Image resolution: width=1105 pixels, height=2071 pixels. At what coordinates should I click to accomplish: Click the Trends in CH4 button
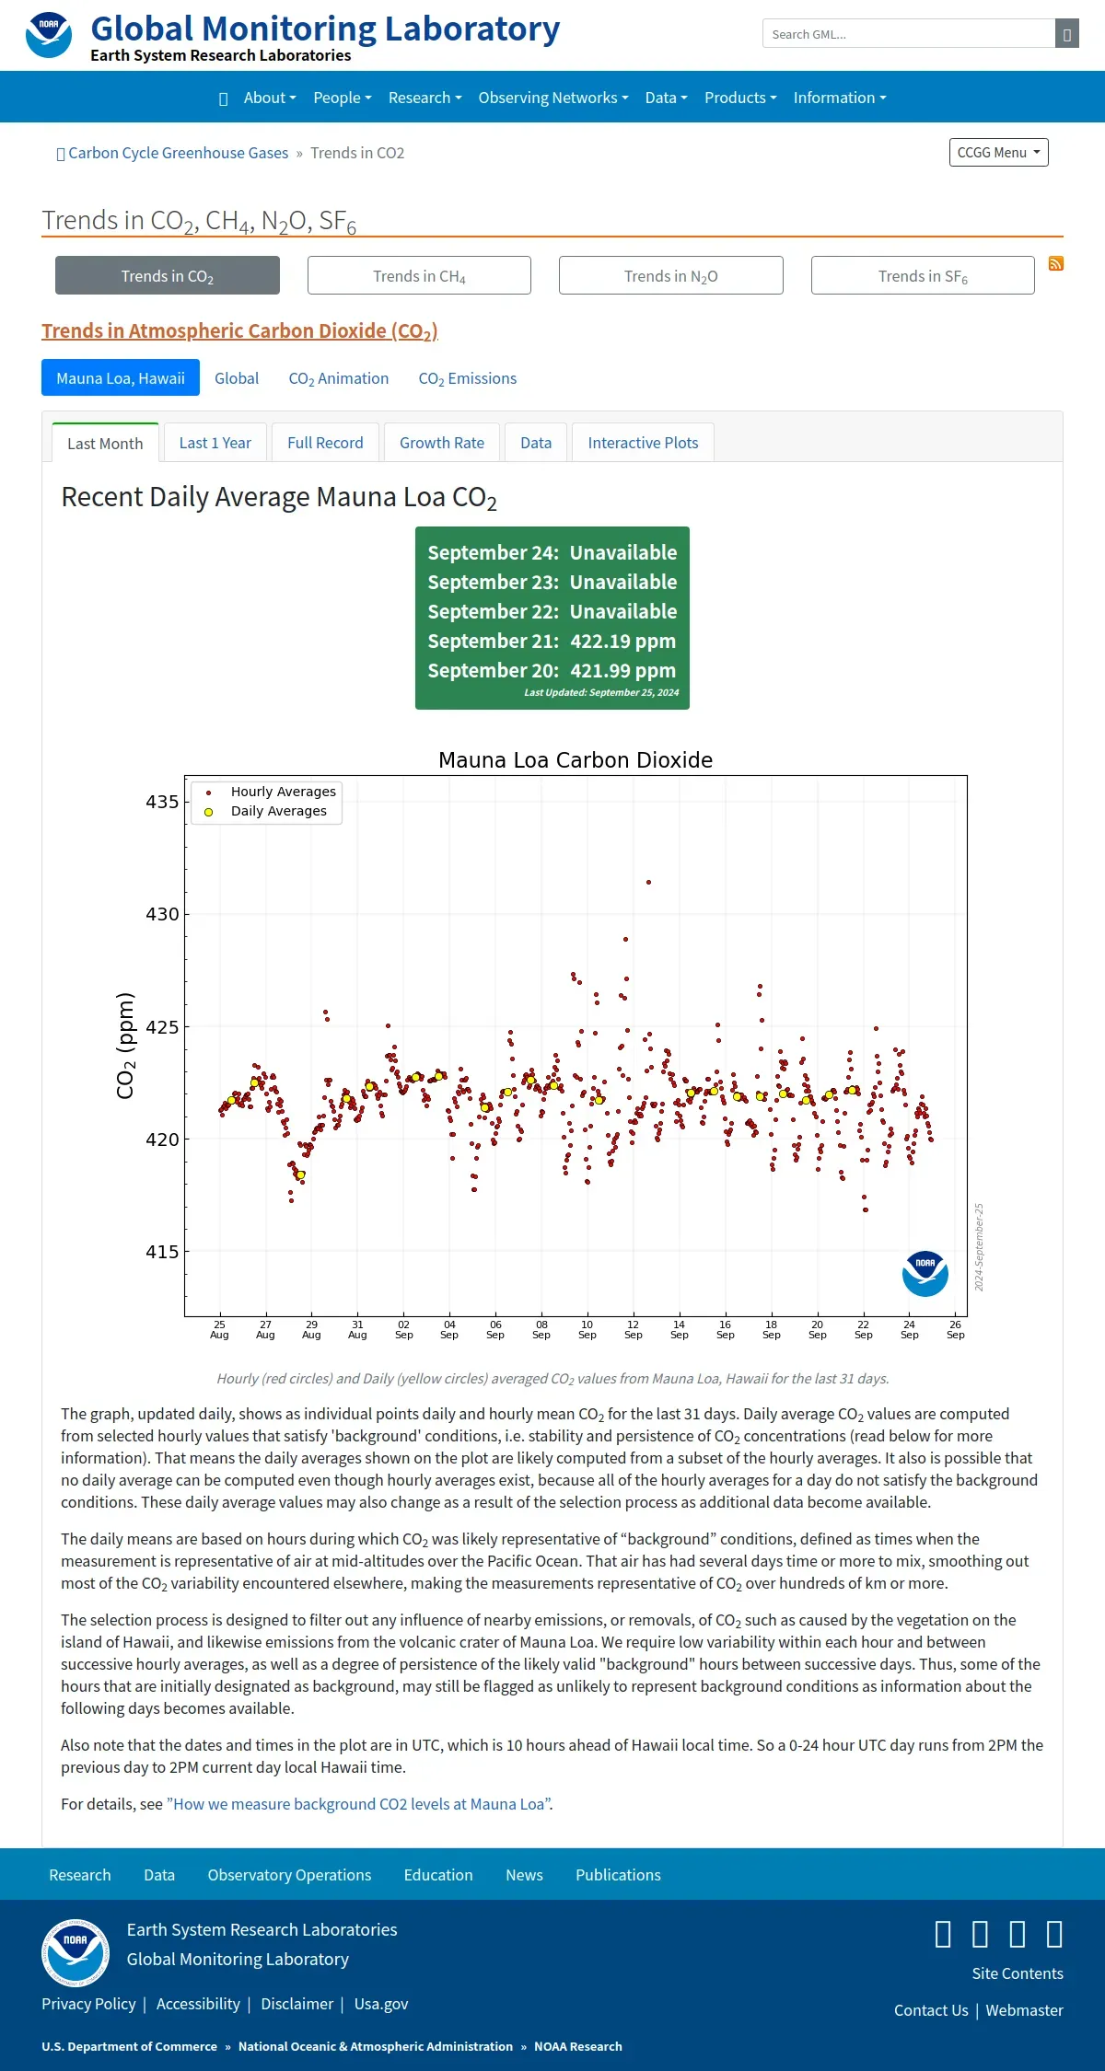pyautogui.click(x=419, y=275)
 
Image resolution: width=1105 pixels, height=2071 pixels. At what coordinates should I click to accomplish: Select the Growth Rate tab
pyautogui.click(x=442, y=443)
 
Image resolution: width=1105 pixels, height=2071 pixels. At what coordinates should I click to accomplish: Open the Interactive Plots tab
pyautogui.click(x=643, y=443)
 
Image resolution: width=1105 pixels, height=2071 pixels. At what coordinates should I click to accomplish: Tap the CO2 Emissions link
pyautogui.click(x=468, y=378)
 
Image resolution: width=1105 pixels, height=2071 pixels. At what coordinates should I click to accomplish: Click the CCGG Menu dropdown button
pyautogui.click(x=999, y=153)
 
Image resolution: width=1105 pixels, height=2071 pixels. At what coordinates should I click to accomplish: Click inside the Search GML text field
pyautogui.click(x=909, y=34)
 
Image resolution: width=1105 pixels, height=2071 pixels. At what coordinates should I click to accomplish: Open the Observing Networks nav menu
pyautogui.click(x=553, y=98)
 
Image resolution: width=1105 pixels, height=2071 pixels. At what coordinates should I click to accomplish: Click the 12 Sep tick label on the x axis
pyautogui.click(x=634, y=1329)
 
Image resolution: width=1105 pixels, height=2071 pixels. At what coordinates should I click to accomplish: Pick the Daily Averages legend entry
pyautogui.click(x=267, y=811)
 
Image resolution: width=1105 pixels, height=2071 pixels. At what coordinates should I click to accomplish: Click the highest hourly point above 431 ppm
pyautogui.click(x=649, y=882)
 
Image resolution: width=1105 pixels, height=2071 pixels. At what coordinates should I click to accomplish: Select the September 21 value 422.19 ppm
pyautogui.click(x=622, y=641)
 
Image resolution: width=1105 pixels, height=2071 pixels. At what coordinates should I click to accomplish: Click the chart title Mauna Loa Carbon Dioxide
pyautogui.click(x=576, y=760)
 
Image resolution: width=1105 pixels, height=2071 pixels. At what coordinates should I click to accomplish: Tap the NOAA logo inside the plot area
pyautogui.click(x=925, y=1273)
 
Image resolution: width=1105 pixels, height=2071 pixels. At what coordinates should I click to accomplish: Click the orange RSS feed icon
pyautogui.click(x=1056, y=263)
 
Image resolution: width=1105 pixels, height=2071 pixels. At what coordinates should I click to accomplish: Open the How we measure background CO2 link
pyautogui.click(x=360, y=1804)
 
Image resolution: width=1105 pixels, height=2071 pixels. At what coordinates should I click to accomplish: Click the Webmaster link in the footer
pyautogui.click(x=1025, y=2010)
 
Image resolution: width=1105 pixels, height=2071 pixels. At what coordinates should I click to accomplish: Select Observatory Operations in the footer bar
pyautogui.click(x=289, y=1875)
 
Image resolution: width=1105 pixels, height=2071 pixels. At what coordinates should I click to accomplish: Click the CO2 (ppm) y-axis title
pyautogui.click(x=126, y=1046)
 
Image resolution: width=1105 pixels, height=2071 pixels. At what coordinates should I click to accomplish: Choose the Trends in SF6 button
pyautogui.click(x=923, y=275)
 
